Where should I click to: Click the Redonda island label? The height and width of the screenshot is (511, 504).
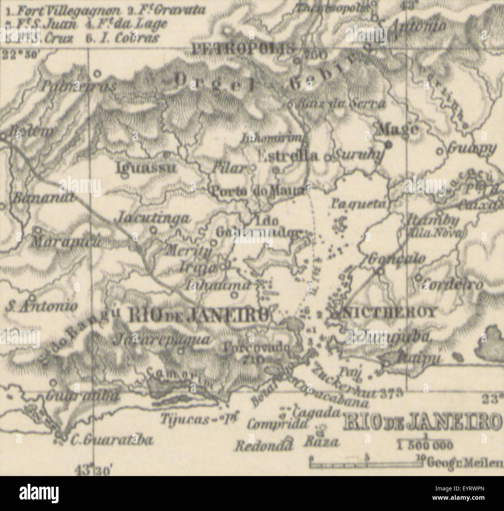click(264, 446)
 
